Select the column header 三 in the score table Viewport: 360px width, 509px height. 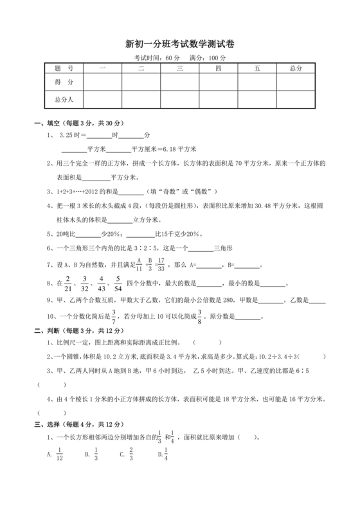pyautogui.click(x=180, y=68)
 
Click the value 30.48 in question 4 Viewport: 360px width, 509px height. pyautogui.click(x=269, y=206)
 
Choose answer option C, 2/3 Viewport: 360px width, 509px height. pyautogui.click(x=131, y=454)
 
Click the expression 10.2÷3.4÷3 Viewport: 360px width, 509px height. pyautogui.click(x=276, y=357)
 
